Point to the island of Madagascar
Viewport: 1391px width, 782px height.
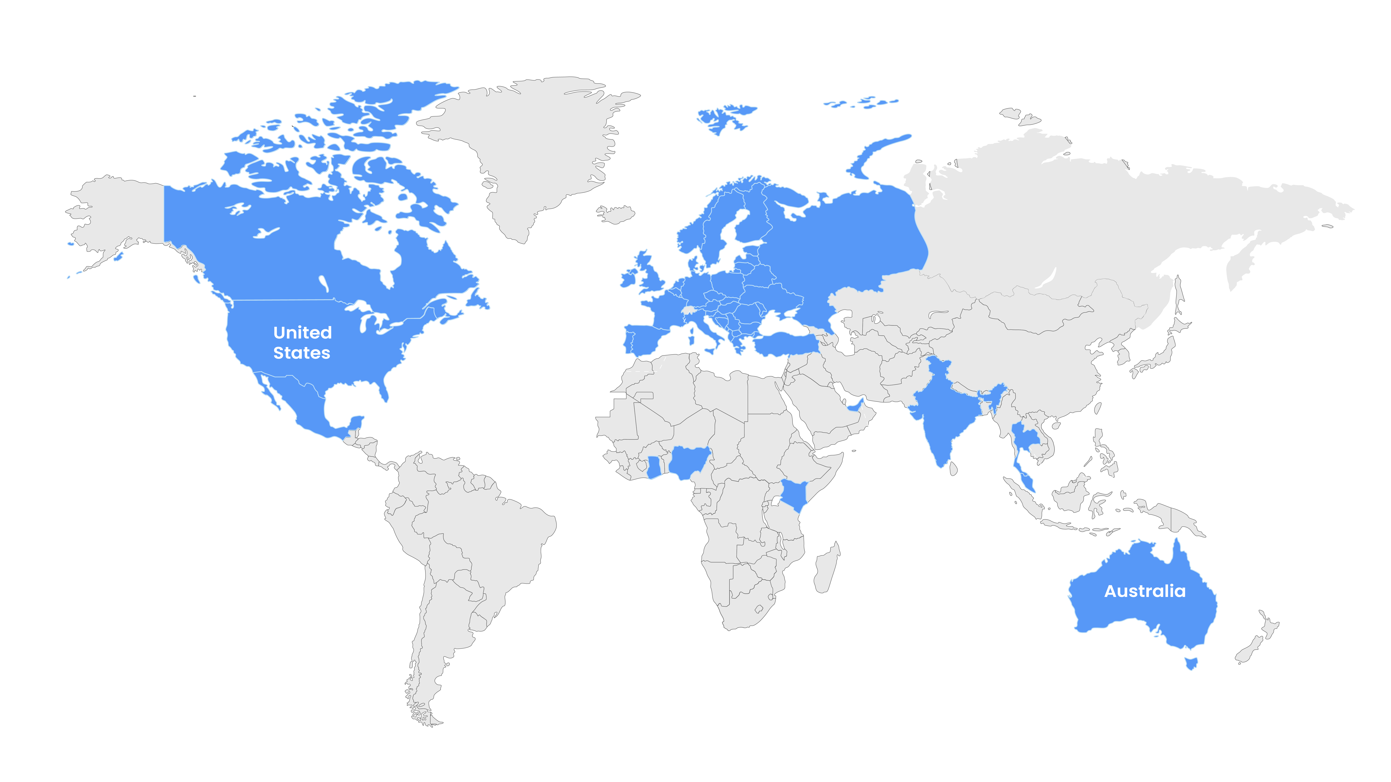[x=826, y=569]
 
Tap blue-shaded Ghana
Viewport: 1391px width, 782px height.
[x=653, y=467]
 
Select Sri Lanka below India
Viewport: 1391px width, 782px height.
[x=953, y=469]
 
